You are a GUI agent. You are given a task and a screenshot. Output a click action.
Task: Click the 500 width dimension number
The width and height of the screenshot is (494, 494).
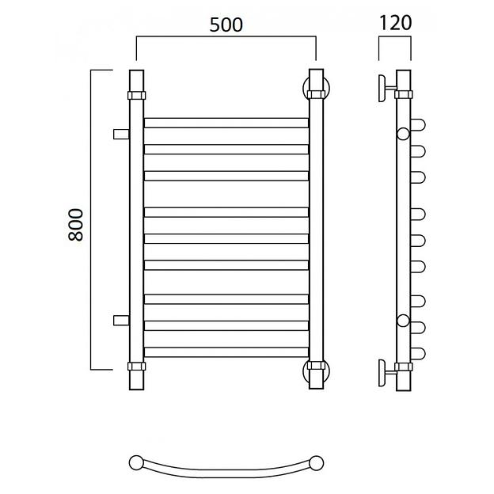[x=226, y=25]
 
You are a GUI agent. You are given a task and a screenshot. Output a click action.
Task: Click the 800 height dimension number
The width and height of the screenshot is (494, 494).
[x=76, y=225]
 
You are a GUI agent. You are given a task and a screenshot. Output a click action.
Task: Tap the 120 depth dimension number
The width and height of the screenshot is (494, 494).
[x=395, y=23]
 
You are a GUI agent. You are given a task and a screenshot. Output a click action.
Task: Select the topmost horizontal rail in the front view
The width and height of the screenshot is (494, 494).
[x=226, y=123]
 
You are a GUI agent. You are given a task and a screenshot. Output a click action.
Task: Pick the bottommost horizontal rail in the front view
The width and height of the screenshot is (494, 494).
[x=226, y=352]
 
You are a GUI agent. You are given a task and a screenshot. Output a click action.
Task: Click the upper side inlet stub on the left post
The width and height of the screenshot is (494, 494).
[x=121, y=134]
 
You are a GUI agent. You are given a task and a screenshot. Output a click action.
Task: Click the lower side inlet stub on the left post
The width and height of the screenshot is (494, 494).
[x=121, y=320]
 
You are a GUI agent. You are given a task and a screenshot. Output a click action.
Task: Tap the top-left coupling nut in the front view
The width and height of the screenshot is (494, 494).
[x=137, y=95]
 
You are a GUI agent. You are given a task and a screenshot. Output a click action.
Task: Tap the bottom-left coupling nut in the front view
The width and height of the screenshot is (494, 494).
[x=137, y=366]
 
